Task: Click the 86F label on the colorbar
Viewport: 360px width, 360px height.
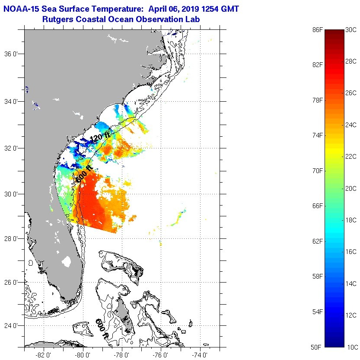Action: [318, 29]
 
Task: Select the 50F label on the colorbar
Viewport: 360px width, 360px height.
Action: [318, 347]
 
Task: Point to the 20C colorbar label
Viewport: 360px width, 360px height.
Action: [351, 188]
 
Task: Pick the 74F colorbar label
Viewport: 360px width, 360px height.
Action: [318, 135]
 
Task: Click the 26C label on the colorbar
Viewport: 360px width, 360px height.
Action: [351, 93]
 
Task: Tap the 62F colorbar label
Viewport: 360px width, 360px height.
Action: [318, 241]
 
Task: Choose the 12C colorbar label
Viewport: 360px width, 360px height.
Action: [351, 315]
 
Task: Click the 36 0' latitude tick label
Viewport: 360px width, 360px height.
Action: [13, 54]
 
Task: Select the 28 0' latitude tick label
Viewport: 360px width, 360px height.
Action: [13, 238]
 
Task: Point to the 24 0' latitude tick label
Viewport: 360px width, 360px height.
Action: [13, 326]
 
